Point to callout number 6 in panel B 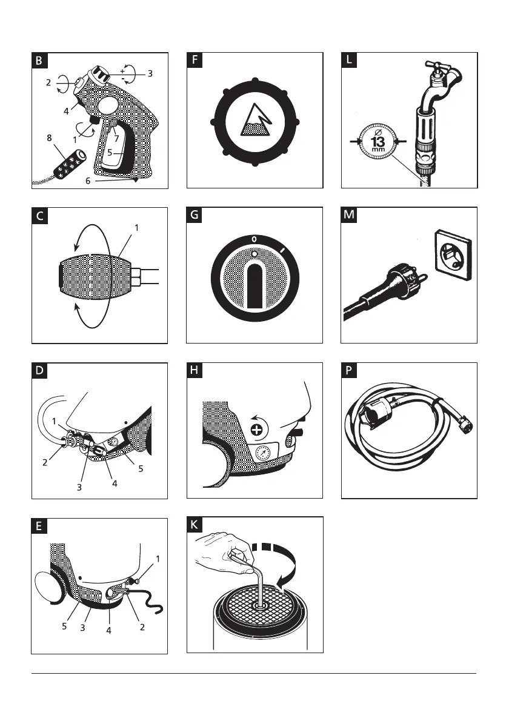(x=88, y=181)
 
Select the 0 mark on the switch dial (x=254, y=240)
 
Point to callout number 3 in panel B (x=149, y=73)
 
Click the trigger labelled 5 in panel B (x=118, y=145)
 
